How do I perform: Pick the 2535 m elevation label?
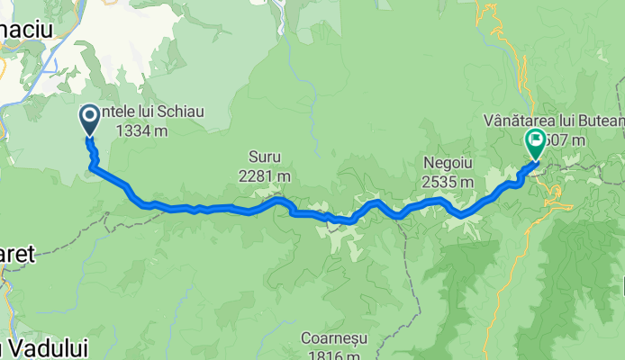coord(447,182)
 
